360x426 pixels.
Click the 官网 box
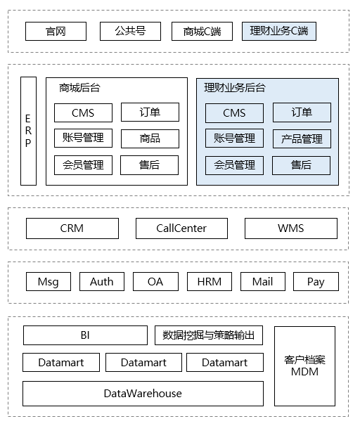pyautogui.click(x=56, y=31)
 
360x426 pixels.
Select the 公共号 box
pyautogui.click(x=130, y=31)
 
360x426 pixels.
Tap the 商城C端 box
pyautogui.click(x=202, y=31)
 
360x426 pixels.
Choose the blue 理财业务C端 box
pyautogui.click(x=278, y=31)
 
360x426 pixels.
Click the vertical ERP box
pyautogui.click(x=28, y=131)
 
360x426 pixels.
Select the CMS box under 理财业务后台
pyautogui.click(x=234, y=112)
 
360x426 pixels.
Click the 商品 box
pyautogui.click(x=150, y=138)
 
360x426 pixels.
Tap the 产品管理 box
pyautogui.click(x=302, y=138)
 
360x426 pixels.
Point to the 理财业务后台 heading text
pyautogui.click(x=235, y=89)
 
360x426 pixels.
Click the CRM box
pyautogui.click(x=72, y=228)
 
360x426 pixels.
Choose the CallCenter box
pyautogui.click(x=181, y=228)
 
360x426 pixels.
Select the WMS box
pyautogui.click(x=290, y=228)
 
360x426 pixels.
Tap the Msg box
pyautogui.click(x=48, y=282)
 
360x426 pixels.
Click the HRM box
pyautogui.click(x=209, y=282)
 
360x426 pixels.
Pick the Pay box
pyautogui.click(x=316, y=282)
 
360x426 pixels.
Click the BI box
pyautogui.click(x=85, y=335)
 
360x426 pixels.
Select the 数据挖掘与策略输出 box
pyautogui.click(x=209, y=335)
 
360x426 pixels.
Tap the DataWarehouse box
pyautogui.click(x=143, y=393)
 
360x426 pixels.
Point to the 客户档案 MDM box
pyautogui.click(x=304, y=366)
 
